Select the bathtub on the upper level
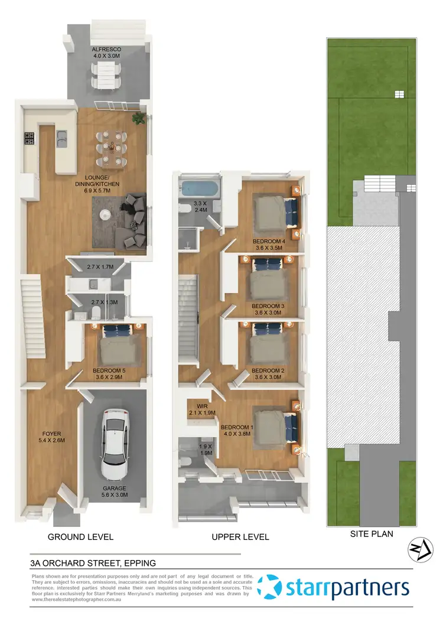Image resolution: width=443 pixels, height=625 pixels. [199, 190]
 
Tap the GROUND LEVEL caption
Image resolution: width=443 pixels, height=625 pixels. [80, 537]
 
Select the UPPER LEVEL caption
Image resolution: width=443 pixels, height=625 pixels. [240, 537]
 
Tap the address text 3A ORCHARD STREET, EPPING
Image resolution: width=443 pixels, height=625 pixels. [93, 563]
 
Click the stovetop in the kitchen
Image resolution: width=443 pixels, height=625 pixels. [30, 139]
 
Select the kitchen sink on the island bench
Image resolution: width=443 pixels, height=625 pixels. [61, 139]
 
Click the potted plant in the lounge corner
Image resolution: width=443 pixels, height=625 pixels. [139, 118]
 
